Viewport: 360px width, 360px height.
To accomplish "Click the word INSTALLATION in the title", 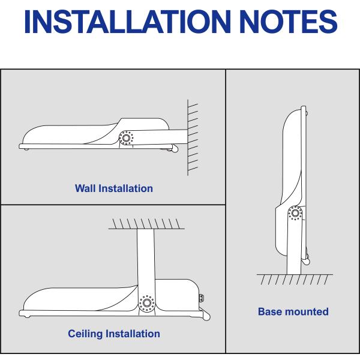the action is (127, 22).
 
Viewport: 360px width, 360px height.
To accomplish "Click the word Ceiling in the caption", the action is (85, 334).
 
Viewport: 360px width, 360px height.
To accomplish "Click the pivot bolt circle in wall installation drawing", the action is (126, 138).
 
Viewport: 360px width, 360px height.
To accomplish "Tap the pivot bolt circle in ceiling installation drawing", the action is (146, 304).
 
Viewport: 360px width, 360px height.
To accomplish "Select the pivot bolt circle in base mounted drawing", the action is (295, 213).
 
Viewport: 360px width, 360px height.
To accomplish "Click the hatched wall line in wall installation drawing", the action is (188, 137).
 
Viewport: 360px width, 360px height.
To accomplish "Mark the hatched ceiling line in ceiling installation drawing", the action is (146, 229).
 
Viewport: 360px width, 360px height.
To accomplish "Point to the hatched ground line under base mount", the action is (295, 274).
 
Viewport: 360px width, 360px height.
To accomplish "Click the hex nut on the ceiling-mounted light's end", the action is (202, 298).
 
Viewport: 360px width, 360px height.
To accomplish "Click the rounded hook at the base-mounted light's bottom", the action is (306, 261).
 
